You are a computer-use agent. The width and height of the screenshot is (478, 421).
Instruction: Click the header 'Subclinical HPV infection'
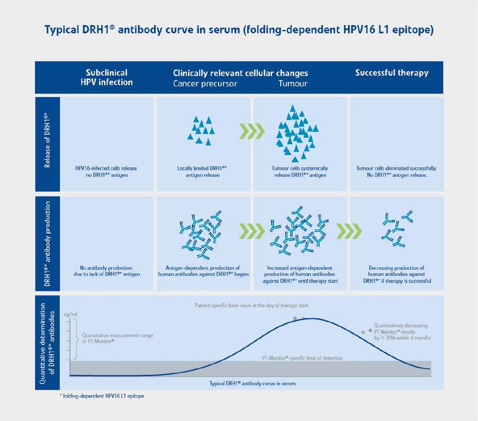[107, 77]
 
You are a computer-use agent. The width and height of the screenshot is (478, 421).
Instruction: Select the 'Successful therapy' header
[392, 73]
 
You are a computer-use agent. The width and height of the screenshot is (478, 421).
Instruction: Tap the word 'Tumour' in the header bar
[293, 84]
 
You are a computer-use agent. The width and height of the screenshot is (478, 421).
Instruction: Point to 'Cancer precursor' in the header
[205, 84]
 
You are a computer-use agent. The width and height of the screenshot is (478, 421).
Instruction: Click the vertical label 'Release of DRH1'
[47, 140]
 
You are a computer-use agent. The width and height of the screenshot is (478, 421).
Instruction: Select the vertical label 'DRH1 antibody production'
[47, 244]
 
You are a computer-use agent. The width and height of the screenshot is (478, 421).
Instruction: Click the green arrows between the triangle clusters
[252, 131]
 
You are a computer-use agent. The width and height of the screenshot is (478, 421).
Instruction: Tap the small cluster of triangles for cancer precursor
[201, 130]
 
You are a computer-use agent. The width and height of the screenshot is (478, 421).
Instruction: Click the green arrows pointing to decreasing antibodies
[349, 231]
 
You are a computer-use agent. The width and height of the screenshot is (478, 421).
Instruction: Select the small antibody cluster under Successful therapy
[397, 228]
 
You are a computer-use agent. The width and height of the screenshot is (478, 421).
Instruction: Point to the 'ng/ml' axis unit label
[70, 314]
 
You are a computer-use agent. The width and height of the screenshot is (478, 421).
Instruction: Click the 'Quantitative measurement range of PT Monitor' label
[118, 338]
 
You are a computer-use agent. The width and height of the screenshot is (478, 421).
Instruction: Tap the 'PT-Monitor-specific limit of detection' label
[302, 358]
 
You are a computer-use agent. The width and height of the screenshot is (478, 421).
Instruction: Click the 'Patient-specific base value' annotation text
[251, 305]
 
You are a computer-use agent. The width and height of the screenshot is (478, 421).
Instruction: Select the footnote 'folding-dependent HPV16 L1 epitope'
[102, 396]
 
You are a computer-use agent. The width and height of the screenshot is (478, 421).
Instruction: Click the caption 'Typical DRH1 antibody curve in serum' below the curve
[252, 384]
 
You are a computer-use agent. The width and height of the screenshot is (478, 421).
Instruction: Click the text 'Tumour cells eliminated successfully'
[397, 168]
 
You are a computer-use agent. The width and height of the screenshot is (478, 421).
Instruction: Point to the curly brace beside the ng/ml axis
[75, 339]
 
